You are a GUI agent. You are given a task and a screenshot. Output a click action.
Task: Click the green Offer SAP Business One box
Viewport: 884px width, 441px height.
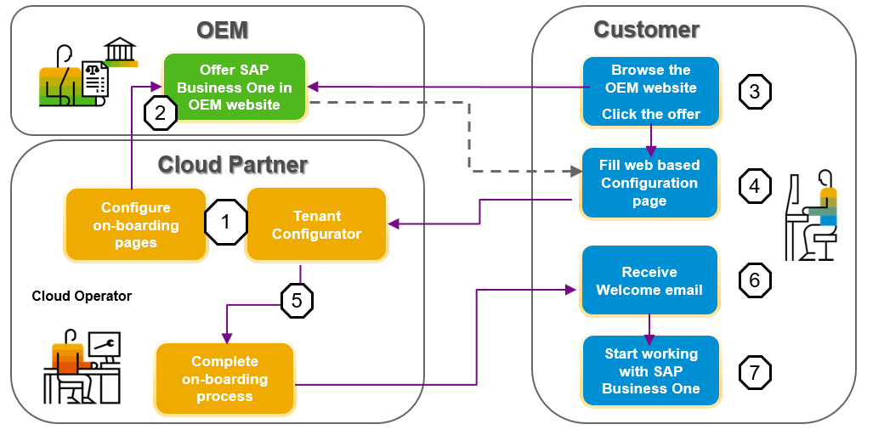(x=234, y=87)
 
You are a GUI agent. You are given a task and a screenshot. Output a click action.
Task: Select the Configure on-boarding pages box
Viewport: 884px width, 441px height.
(x=136, y=224)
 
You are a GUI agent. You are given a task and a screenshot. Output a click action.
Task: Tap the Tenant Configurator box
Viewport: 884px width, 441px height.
(x=316, y=224)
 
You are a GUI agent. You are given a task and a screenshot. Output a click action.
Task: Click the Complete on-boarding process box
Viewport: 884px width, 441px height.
(x=224, y=379)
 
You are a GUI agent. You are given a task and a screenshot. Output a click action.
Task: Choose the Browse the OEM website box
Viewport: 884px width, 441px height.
(x=651, y=92)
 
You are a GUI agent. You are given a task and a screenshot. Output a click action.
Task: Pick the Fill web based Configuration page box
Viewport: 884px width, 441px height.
(x=649, y=183)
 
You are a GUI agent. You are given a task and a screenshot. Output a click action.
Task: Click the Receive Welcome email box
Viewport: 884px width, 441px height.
(x=649, y=280)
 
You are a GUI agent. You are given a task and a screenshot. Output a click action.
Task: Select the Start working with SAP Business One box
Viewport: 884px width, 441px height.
(x=651, y=371)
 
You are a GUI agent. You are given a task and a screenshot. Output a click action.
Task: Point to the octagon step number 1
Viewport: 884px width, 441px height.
(x=225, y=223)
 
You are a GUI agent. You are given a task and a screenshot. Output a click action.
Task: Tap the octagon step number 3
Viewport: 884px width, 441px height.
(x=755, y=92)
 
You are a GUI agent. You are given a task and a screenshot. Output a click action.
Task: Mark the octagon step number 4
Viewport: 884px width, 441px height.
(x=755, y=185)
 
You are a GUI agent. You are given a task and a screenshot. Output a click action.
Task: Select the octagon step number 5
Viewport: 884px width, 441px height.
(x=297, y=300)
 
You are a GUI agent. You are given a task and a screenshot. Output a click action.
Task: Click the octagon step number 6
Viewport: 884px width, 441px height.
(x=755, y=280)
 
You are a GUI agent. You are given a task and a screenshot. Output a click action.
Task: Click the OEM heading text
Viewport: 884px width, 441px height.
(x=222, y=31)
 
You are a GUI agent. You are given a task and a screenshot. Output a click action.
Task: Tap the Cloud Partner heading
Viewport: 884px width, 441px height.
(x=233, y=164)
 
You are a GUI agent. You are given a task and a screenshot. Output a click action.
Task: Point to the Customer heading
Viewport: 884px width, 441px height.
(x=646, y=30)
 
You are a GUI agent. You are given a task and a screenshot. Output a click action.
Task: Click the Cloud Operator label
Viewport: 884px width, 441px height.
(x=82, y=296)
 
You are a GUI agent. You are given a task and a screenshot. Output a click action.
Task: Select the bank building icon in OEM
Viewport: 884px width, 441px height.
(x=121, y=51)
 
